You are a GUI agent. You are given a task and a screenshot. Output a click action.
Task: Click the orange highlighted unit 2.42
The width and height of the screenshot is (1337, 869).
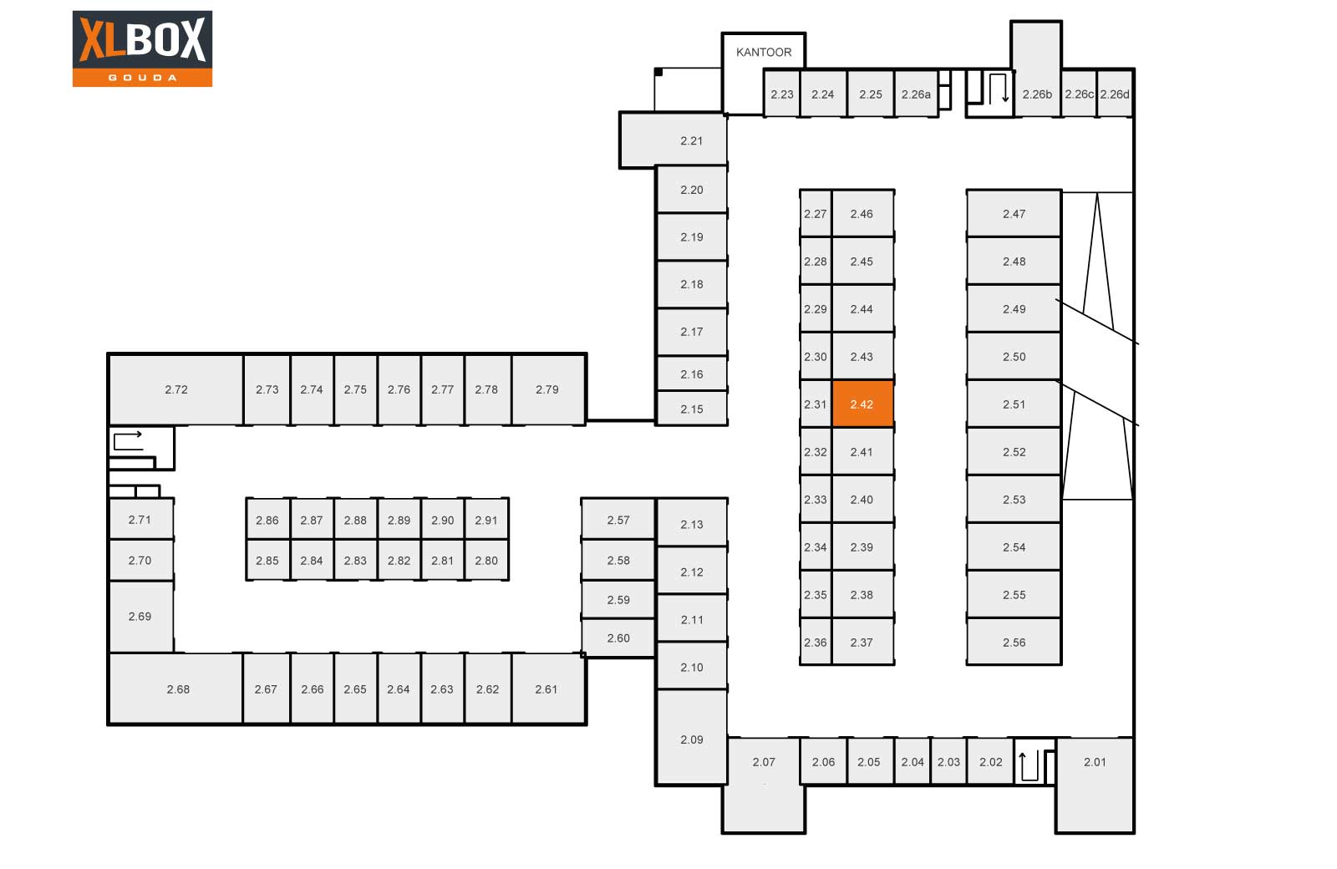(862, 404)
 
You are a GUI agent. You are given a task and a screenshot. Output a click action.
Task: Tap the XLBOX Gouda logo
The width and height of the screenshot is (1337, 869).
(142, 48)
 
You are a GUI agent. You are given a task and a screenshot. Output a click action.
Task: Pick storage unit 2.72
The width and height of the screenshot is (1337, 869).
(176, 389)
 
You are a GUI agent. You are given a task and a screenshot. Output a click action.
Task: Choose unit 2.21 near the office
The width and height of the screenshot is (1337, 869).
(674, 140)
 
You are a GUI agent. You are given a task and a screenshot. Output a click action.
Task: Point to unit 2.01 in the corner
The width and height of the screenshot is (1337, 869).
(1095, 785)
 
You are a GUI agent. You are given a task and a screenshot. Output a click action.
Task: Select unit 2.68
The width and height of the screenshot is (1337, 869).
(176, 689)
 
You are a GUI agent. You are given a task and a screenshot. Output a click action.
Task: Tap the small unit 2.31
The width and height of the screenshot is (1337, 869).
(816, 404)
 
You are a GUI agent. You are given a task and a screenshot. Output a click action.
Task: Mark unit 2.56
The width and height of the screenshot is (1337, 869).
(1014, 642)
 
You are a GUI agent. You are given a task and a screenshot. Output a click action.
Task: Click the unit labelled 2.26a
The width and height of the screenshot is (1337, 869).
(916, 94)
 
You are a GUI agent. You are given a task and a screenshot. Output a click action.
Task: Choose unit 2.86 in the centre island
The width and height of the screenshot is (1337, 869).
(267, 519)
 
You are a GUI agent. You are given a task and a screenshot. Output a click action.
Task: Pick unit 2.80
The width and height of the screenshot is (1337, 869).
(486, 560)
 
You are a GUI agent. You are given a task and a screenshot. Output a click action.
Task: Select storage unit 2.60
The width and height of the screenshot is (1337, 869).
(618, 638)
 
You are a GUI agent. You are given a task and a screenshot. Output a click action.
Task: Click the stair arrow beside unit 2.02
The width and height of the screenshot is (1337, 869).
(1029, 765)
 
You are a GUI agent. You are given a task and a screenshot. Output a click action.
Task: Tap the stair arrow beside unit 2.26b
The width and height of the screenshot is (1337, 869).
(998, 88)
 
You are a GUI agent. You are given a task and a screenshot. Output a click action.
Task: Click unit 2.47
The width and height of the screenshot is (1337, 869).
(1014, 213)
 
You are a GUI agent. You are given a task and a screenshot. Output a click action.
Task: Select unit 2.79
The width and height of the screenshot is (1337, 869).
(548, 389)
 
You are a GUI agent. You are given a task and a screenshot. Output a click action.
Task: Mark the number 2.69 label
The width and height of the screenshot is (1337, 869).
(140, 616)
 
